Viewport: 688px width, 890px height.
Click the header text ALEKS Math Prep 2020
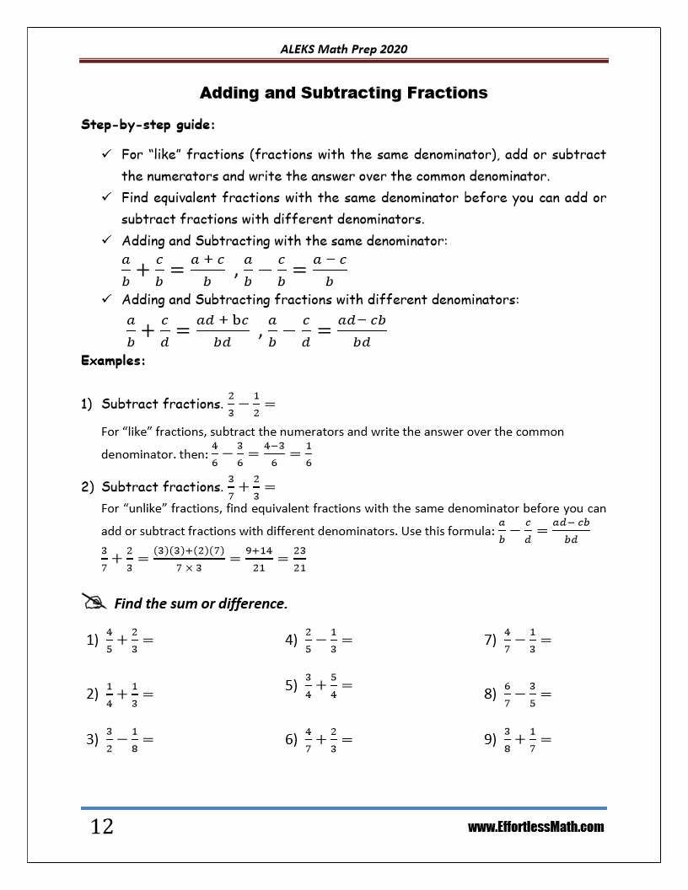click(343, 49)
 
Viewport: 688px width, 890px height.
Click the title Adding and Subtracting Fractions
click(343, 93)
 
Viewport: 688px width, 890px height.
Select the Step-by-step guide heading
click(148, 125)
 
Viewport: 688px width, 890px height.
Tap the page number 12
click(101, 826)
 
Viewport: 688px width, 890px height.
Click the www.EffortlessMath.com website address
click(535, 827)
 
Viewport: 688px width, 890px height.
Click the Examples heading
click(113, 361)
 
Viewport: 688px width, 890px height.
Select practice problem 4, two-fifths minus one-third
click(319, 640)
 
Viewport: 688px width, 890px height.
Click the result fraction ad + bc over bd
click(222, 330)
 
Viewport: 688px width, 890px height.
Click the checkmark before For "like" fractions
click(106, 155)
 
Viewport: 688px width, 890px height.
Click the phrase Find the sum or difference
click(201, 603)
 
